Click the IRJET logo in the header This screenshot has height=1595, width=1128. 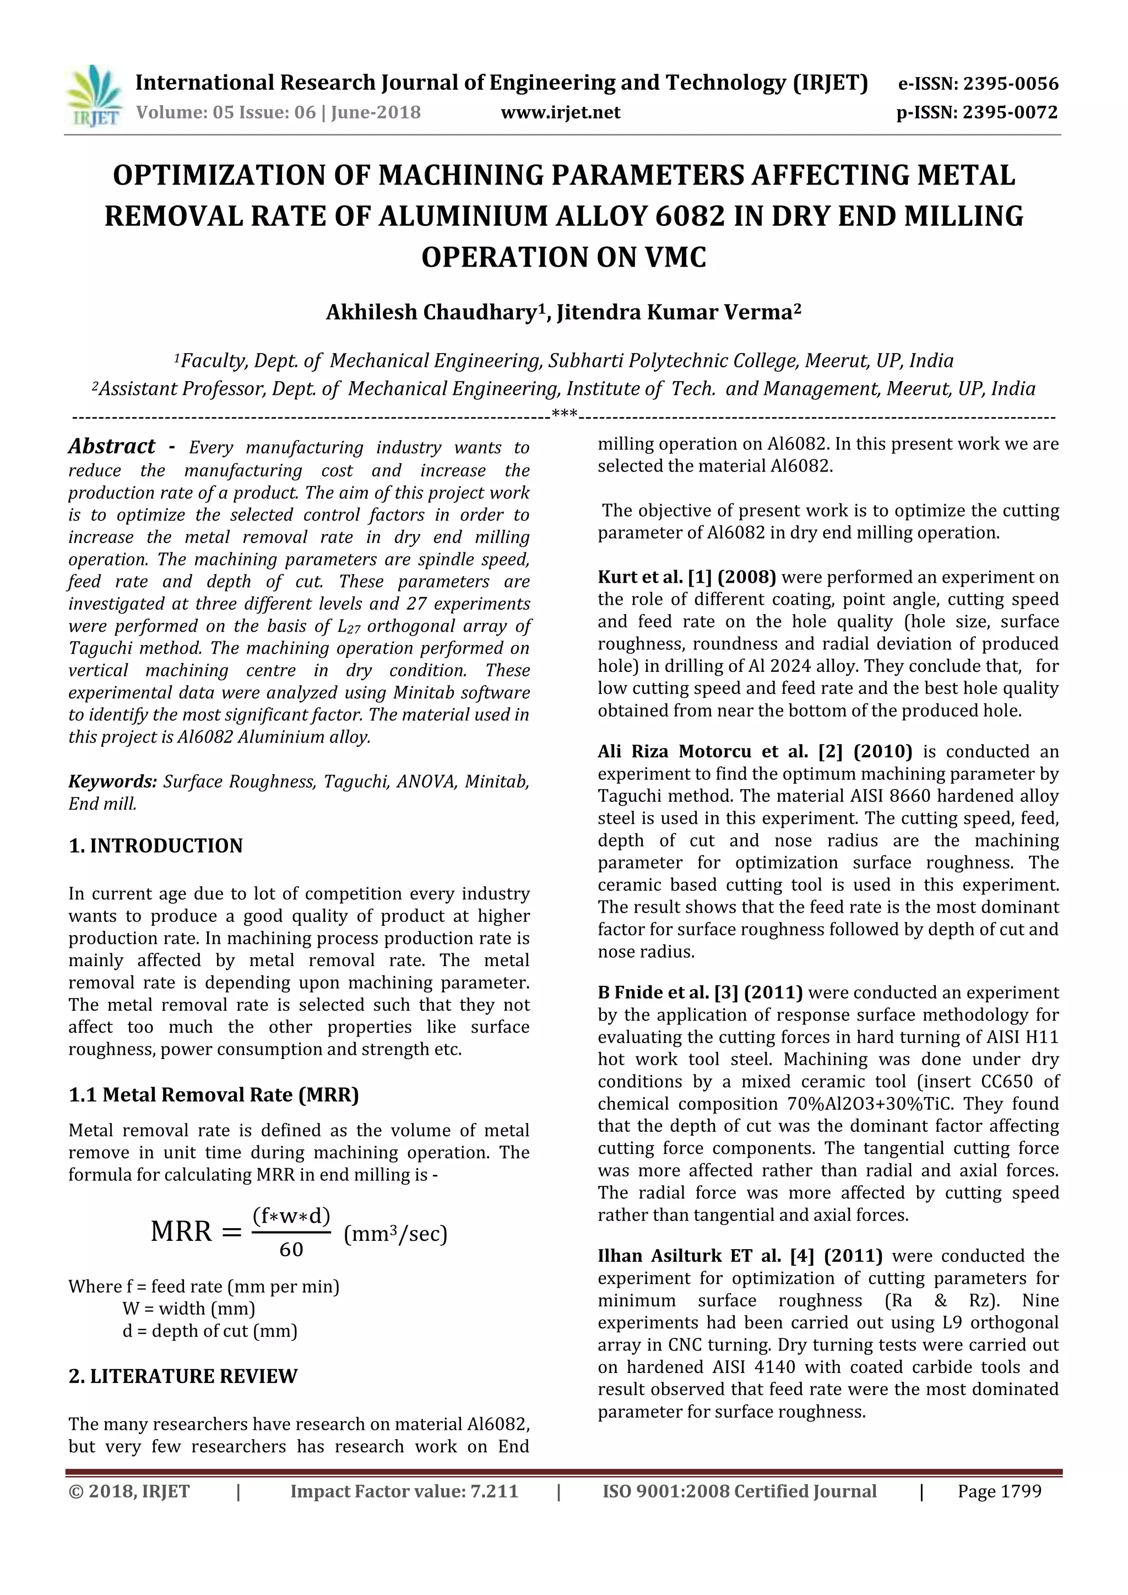point(94,96)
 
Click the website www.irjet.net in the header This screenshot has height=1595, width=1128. point(561,112)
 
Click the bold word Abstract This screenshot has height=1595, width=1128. point(112,446)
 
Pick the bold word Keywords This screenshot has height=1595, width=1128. point(112,782)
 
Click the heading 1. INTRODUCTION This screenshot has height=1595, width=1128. point(155,846)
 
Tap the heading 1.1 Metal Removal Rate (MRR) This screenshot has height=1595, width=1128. point(214,1095)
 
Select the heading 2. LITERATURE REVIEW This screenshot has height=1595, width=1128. point(183,1376)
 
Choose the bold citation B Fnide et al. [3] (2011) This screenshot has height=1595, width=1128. point(699,992)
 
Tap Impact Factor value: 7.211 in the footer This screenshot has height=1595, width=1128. point(404,1491)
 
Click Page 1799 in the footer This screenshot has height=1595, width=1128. point(999,1491)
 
